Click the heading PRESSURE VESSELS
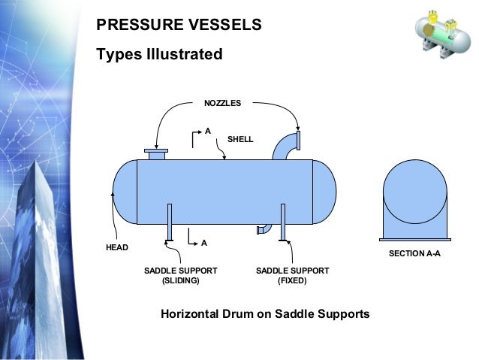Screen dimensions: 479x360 179,25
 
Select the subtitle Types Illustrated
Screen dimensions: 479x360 159,55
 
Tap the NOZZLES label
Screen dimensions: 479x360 223,103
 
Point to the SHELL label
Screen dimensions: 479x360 240,139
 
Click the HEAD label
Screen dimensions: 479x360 117,247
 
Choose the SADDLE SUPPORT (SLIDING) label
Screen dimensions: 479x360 180,275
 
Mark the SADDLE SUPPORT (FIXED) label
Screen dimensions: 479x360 292,275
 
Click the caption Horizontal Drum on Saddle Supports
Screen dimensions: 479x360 265,313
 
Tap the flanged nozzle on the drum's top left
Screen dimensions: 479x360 156,153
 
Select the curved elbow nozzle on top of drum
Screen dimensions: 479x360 285,146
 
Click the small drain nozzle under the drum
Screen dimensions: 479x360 264,229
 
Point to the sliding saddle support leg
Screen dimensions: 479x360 170,222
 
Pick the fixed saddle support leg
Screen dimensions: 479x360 282,222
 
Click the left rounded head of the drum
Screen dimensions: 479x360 125,192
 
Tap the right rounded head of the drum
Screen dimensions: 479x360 324,192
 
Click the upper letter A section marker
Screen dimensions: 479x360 207,131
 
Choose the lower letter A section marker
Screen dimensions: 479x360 203,243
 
